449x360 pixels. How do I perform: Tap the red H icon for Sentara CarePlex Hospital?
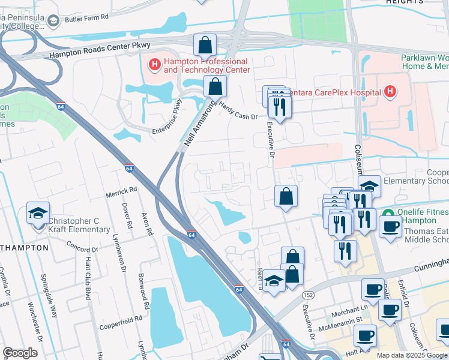click(x=390, y=92)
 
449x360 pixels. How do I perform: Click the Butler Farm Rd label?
click(x=87, y=19)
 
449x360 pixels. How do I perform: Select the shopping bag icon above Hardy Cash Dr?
click(x=214, y=87)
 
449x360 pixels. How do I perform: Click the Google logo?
click(x=20, y=353)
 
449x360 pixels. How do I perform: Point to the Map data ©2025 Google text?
click(x=412, y=355)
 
